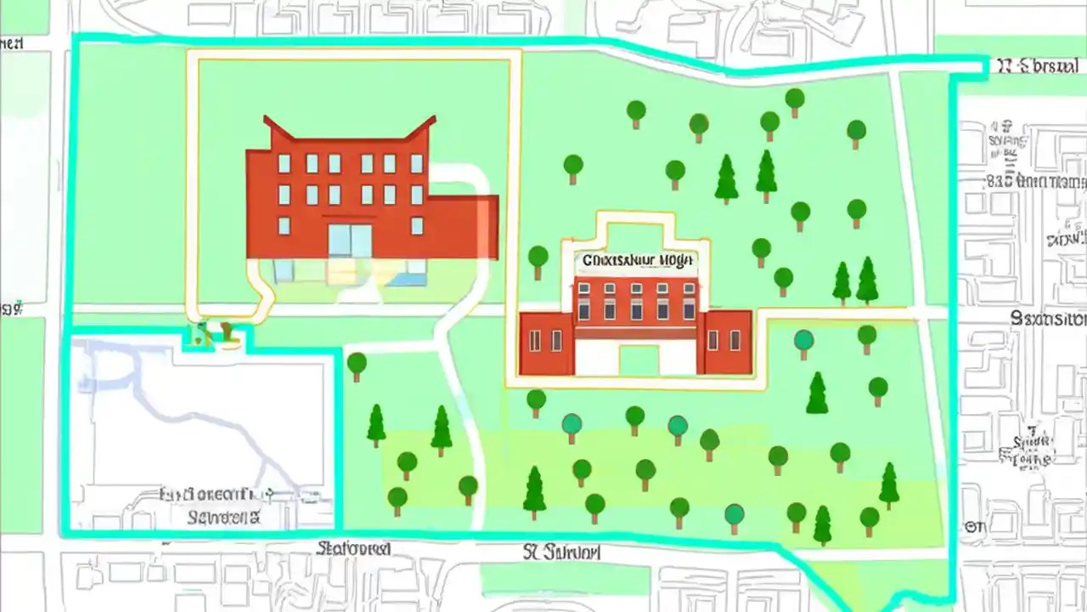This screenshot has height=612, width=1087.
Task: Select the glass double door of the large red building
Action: tap(350, 241)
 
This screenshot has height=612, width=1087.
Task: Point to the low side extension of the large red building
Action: tap(465, 225)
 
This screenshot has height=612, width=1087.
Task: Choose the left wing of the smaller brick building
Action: tap(545, 342)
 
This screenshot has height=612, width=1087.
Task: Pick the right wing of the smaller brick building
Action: tap(724, 342)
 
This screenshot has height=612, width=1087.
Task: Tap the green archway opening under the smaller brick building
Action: tap(638, 360)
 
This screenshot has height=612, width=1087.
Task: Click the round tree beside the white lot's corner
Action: tap(357, 365)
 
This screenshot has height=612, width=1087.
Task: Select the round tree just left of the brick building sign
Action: tap(538, 258)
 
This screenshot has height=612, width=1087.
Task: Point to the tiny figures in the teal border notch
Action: tap(213, 332)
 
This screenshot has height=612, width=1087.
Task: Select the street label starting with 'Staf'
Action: tap(353, 549)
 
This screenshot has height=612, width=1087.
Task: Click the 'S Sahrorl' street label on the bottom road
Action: tap(561, 552)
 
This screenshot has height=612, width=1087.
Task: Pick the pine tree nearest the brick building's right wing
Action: tap(817, 393)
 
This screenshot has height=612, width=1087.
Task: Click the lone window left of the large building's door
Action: tap(284, 225)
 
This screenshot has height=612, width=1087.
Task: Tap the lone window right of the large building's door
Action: tap(417, 225)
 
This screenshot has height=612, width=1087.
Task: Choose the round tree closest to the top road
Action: tap(795, 99)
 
